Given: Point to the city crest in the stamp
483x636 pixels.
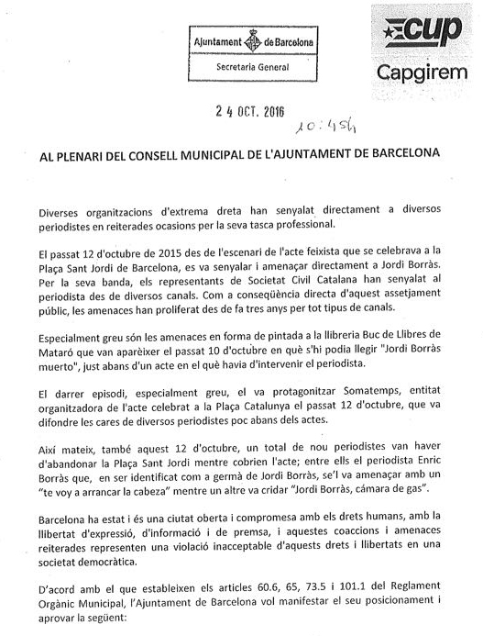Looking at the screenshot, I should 246,43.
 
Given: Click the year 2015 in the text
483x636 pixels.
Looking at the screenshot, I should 167,251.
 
